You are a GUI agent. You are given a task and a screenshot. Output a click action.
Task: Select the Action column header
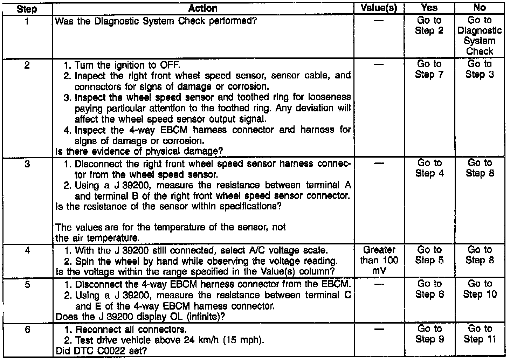(x=203, y=8)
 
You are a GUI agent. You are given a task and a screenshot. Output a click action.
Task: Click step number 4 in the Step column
(x=27, y=251)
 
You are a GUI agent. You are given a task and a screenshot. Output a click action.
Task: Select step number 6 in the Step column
(x=27, y=330)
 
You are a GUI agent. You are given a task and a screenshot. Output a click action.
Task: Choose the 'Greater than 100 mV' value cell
(x=379, y=261)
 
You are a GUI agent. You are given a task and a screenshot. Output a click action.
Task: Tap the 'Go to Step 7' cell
(x=429, y=69)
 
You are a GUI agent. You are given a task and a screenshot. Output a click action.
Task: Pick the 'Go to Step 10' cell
(x=480, y=289)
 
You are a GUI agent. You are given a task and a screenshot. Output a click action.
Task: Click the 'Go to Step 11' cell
(x=480, y=334)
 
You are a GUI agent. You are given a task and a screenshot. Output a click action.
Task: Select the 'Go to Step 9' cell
(x=429, y=334)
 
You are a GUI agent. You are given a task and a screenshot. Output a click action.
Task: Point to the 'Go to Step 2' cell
(x=429, y=26)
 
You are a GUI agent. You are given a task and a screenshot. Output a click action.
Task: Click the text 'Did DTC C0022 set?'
(x=101, y=351)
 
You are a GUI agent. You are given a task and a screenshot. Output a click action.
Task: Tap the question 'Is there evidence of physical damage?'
(x=139, y=152)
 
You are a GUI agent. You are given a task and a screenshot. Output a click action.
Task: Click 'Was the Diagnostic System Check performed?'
(x=156, y=21)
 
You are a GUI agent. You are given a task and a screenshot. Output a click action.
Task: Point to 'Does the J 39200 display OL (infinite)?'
(x=140, y=317)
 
